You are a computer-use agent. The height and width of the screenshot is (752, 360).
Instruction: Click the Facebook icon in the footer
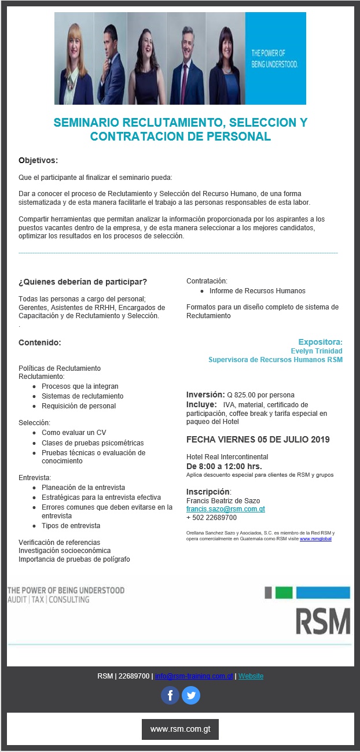click(x=170, y=695)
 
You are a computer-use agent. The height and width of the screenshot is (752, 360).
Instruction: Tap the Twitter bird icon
click(x=191, y=695)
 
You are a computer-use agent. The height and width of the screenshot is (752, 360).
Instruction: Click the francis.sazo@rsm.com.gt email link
click(x=225, y=509)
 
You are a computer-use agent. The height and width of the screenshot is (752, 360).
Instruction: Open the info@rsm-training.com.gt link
click(x=194, y=676)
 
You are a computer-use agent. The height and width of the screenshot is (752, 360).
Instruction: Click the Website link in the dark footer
click(x=251, y=676)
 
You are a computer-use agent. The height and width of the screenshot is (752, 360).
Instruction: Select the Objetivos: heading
click(x=38, y=160)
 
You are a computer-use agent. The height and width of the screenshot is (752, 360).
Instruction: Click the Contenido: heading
click(x=40, y=342)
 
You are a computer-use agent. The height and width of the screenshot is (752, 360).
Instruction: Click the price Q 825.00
click(x=243, y=395)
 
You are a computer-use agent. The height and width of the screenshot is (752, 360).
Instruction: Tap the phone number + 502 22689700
click(x=211, y=518)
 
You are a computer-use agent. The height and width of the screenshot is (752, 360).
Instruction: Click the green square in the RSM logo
click(x=284, y=592)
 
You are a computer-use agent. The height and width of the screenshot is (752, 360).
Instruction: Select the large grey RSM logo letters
click(x=323, y=621)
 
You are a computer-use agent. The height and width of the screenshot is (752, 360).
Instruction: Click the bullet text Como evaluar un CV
click(x=74, y=433)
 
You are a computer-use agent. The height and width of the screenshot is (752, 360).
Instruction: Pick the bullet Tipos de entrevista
click(x=71, y=526)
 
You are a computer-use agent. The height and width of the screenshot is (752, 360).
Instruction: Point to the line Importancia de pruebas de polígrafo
click(x=74, y=559)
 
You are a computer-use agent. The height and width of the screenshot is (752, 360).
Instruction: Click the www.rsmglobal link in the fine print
click(x=315, y=539)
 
